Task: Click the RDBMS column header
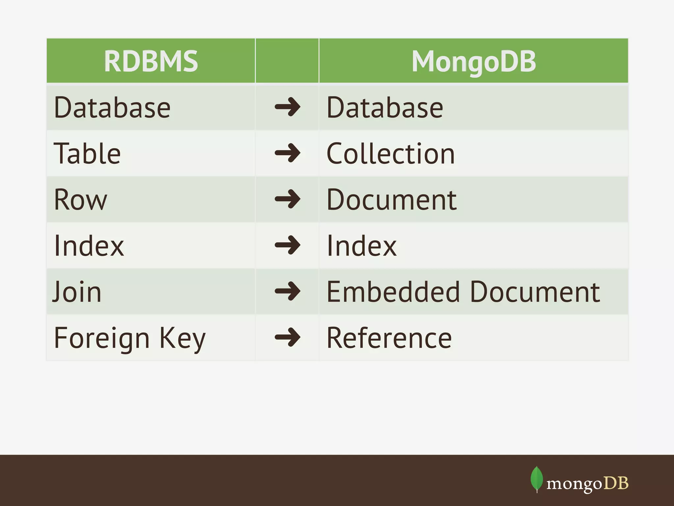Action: pyautogui.click(x=151, y=62)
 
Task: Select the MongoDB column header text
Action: pyautogui.click(x=474, y=62)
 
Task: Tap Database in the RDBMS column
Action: pyautogui.click(x=112, y=108)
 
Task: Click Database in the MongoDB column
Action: pyautogui.click(x=385, y=108)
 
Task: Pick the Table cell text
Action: pyautogui.click(x=87, y=154)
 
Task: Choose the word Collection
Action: pyautogui.click(x=391, y=154)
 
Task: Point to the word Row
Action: pyautogui.click(x=81, y=200)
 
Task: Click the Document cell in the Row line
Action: pyautogui.click(x=391, y=200)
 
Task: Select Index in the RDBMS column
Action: pyautogui.click(x=89, y=246)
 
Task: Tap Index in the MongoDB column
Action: pyautogui.click(x=361, y=246)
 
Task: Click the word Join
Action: pyautogui.click(x=77, y=292)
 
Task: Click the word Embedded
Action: pyautogui.click(x=393, y=292)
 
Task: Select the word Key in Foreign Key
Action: pyautogui.click(x=182, y=338)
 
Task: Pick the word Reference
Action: pyautogui.click(x=389, y=338)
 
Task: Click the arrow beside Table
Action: pyautogui.click(x=287, y=153)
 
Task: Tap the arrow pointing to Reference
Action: pyautogui.click(x=287, y=337)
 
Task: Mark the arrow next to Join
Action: pyautogui.click(x=287, y=291)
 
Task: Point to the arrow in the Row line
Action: pyautogui.click(x=287, y=199)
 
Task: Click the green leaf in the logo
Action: pyautogui.click(x=536, y=478)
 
